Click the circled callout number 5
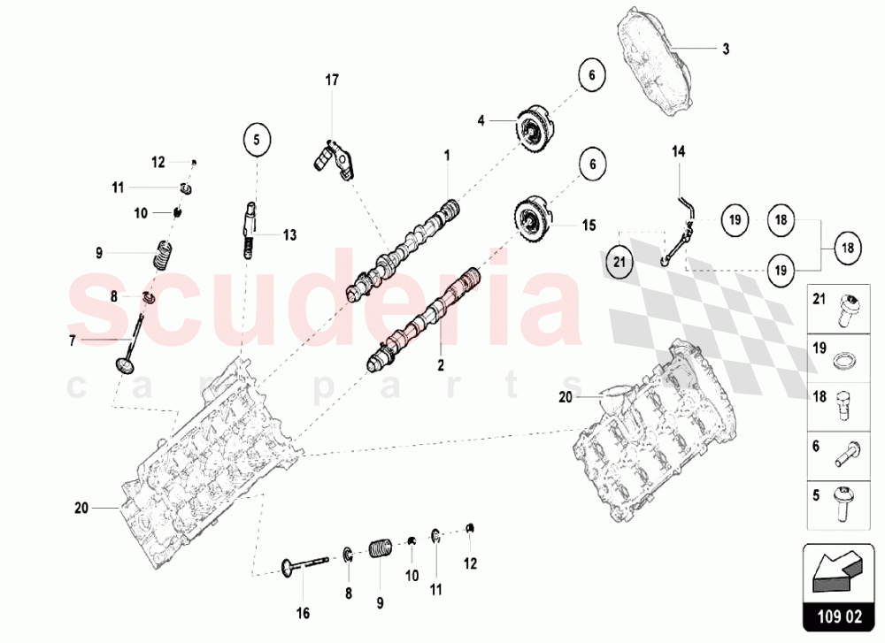pyautogui.click(x=256, y=139)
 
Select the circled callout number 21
pyautogui.click(x=620, y=260)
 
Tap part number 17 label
pyautogui.click(x=332, y=80)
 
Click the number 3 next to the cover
pyautogui.click(x=725, y=50)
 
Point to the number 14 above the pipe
pyautogui.click(x=678, y=152)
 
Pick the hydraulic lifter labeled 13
pyautogui.click(x=250, y=228)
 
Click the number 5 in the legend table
pyautogui.click(x=815, y=494)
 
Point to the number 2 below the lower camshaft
pyautogui.click(x=439, y=363)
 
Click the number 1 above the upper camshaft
pyautogui.click(x=447, y=156)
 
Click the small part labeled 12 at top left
pyautogui.click(x=194, y=161)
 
